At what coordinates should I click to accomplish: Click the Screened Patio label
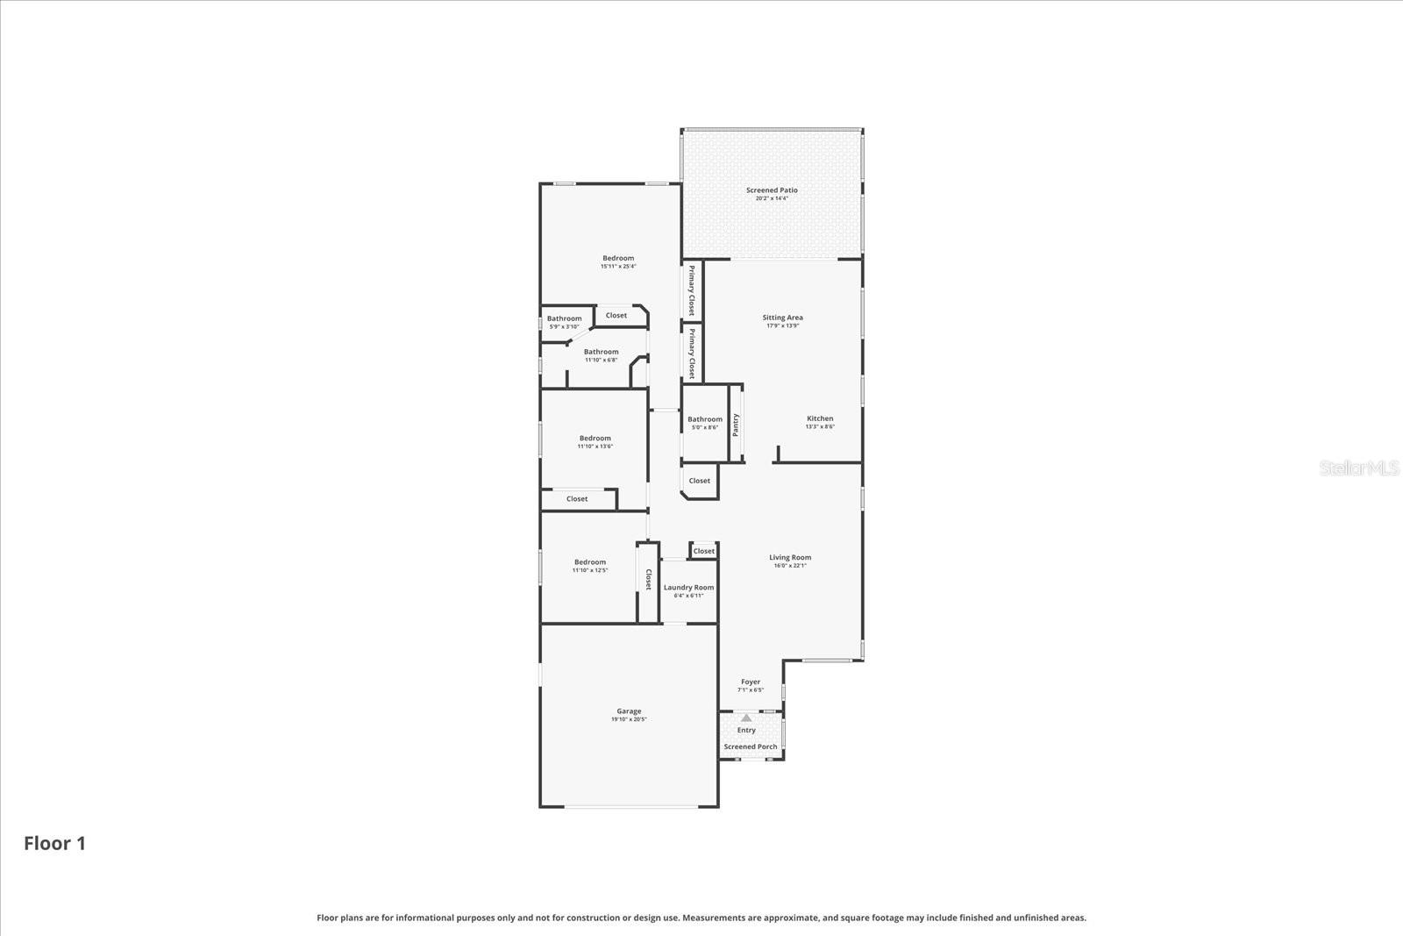click(772, 190)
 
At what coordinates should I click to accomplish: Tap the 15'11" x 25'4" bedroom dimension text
click(618, 267)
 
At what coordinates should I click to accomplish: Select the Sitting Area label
click(782, 318)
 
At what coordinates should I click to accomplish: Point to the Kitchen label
click(820, 418)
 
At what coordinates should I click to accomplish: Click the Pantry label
click(737, 425)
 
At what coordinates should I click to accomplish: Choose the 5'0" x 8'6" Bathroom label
click(705, 419)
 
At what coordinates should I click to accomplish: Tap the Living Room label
click(790, 557)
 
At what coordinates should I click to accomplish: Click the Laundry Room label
click(688, 588)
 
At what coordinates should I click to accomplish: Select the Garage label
click(629, 711)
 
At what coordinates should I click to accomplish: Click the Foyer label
click(751, 682)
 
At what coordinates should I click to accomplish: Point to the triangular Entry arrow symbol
click(746, 718)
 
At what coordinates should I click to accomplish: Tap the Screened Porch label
click(751, 747)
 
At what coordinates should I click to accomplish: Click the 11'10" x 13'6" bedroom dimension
click(595, 447)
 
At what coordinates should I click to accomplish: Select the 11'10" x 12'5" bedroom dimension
click(590, 570)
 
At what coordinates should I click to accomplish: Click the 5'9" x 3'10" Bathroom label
click(564, 318)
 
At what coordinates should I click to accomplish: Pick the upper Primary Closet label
click(692, 290)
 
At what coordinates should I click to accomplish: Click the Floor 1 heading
click(54, 843)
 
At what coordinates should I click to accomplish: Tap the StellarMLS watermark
click(1359, 468)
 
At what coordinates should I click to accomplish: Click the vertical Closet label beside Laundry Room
click(649, 580)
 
